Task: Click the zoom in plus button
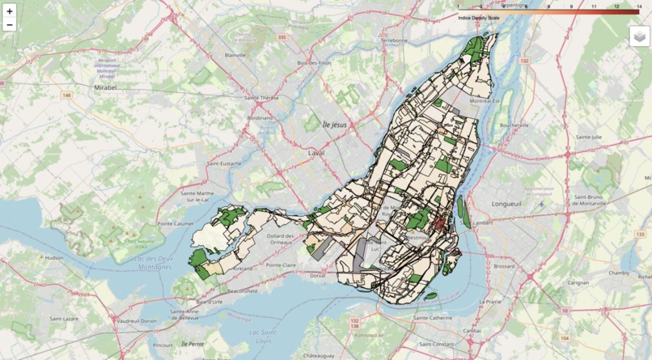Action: pyautogui.click(x=10, y=11)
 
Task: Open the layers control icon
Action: pyautogui.click(x=640, y=36)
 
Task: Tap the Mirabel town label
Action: pyautogui.click(x=106, y=85)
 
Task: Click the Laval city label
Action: pyautogui.click(x=316, y=151)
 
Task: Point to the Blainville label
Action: pyautogui.click(x=235, y=55)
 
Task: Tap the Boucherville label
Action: pyautogui.click(x=514, y=125)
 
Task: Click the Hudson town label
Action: pyautogui.click(x=54, y=257)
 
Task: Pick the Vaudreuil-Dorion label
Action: pyautogui.click(x=138, y=321)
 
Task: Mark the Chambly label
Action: pyautogui.click(x=619, y=273)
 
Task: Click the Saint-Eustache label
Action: pyautogui.click(x=224, y=163)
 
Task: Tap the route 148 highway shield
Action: pyautogui.click(x=66, y=95)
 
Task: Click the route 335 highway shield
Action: pyautogui.click(x=282, y=37)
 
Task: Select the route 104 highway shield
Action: pyautogui.click(x=565, y=337)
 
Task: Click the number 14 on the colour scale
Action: pyautogui.click(x=639, y=6)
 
